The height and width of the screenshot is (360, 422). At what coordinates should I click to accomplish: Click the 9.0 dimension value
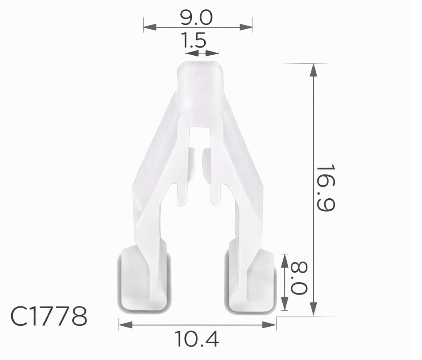coord(197,17)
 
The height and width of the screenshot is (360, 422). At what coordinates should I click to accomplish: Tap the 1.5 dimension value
coord(194,41)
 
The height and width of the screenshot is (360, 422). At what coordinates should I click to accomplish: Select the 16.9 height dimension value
coord(325,188)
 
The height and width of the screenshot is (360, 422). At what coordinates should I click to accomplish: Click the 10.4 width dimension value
coord(197,339)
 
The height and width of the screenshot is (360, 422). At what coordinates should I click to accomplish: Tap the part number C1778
coord(49,317)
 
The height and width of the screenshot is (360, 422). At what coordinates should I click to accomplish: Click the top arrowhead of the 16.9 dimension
coord(313,70)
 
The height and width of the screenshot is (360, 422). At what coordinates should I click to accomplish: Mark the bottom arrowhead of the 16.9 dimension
coord(313,308)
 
